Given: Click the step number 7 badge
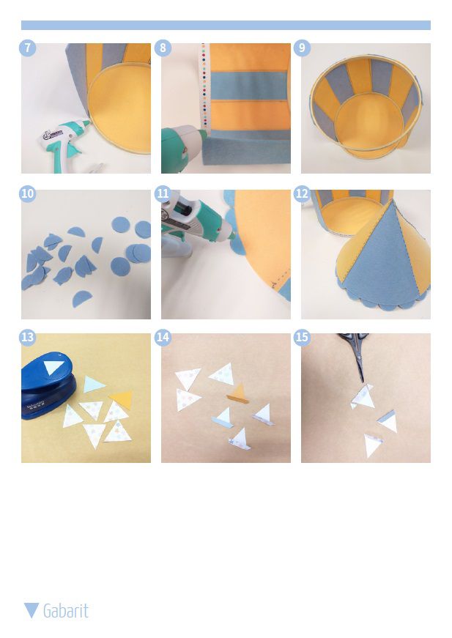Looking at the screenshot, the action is pyautogui.click(x=27, y=48).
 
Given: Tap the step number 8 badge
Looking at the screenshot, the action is pyautogui.click(x=163, y=48).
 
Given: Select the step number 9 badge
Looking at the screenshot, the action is pyautogui.click(x=302, y=48).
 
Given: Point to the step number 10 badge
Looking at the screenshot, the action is pyautogui.click(x=27, y=193).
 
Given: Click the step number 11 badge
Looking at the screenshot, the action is pyautogui.click(x=163, y=193).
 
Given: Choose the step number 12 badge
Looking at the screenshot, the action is pyautogui.click(x=302, y=193).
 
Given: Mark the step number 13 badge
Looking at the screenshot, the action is pyautogui.click(x=27, y=337).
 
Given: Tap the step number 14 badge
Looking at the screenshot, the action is pyautogui.click(x=163, y=337).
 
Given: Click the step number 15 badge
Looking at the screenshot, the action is pyautogui.click(x=302, y=337).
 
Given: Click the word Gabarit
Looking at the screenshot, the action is pyautogui.click(x=66, y=611).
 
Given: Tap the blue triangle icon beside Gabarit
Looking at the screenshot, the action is pyautogui.click(x=32, y=610).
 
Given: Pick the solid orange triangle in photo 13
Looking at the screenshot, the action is pyautogui.click(x=121, y=399).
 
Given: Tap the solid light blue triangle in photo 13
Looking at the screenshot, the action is pyautogui.click(x=94, y=384).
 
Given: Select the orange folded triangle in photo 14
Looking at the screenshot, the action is pyautogui.click(x=238, y=394).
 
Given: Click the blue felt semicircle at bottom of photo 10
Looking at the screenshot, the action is pyautogui.click(x=82, y=299).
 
